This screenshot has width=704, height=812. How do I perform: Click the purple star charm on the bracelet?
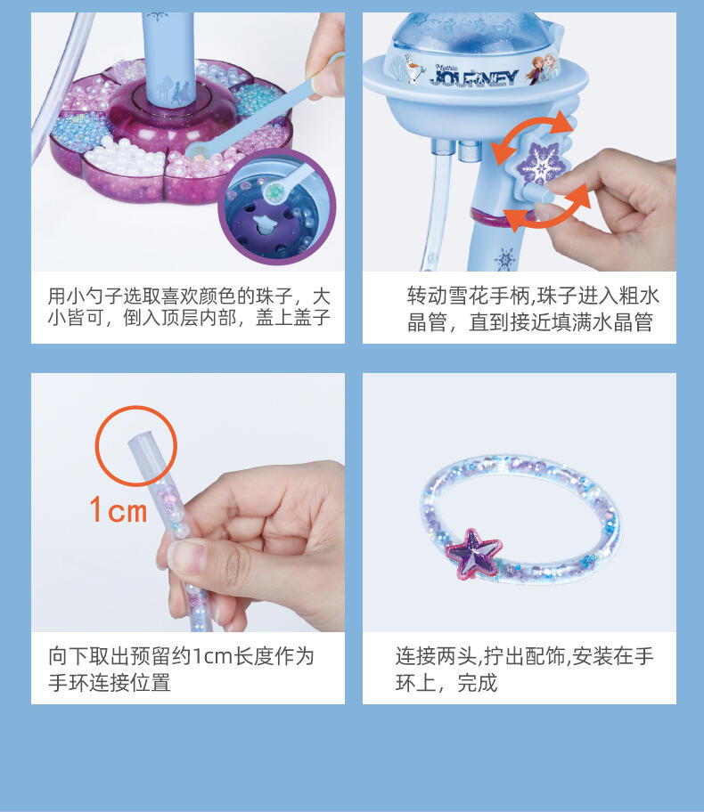473,554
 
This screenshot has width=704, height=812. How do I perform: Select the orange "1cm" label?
119,509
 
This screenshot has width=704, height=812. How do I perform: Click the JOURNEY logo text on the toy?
473,77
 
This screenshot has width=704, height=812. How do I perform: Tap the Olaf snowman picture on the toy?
414,69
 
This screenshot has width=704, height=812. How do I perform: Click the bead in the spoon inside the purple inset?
274,191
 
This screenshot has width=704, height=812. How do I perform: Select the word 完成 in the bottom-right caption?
477,683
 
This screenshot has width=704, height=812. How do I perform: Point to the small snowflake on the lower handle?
503,258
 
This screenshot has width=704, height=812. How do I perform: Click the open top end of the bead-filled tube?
140,436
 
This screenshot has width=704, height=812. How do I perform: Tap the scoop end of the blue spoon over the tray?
200,151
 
